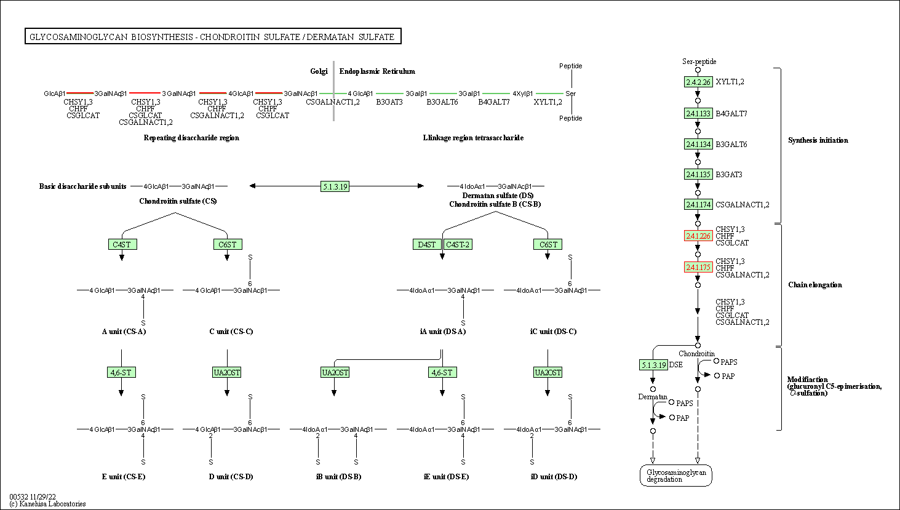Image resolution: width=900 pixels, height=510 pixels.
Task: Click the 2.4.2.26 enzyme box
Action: click(698, 82)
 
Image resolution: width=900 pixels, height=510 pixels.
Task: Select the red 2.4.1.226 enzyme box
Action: click(698, 236)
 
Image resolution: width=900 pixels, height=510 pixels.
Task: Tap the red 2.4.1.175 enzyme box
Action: click(698, 267)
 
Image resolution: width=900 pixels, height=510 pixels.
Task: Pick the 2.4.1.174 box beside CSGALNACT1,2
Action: click(698, 205)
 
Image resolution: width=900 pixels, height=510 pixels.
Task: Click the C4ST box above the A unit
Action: click(122, 244)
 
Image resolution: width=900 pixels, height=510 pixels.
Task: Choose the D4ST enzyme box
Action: click(427, 244)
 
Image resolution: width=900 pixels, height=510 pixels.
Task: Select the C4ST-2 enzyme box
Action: click(458, 244)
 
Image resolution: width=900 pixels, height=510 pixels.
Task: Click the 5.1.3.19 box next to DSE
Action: click(653, 365)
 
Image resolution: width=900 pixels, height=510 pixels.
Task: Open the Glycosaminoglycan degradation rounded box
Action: click(676, 476)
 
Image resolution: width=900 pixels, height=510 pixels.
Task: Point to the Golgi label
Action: click(319, 71)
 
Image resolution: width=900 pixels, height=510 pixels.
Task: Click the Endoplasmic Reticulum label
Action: click(377, 71)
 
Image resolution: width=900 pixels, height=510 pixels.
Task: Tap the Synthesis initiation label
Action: click(818, 140)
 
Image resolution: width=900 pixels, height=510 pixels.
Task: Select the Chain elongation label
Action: click(815, 285)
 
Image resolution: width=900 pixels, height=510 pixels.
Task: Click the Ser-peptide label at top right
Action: click(699, 62)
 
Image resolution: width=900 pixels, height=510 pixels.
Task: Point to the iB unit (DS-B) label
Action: click(339, 477)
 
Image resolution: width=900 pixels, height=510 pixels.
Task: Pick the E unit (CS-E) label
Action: click(124, 477)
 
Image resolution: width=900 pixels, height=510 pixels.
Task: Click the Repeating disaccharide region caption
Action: click(191, 138)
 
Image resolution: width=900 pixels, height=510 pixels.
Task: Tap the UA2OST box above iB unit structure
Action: click(335, 373)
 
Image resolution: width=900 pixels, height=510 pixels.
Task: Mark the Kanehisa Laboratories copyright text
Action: click(47, 504)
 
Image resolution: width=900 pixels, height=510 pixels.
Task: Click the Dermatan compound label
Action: click(653, 397)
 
